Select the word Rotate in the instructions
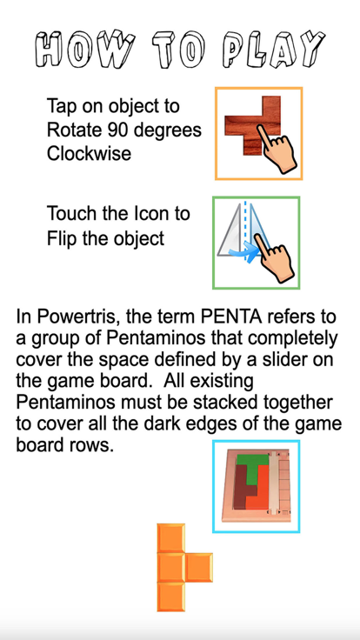[x=77, y=130]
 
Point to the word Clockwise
[x=89, y=153]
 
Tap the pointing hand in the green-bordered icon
[x=277, y=260]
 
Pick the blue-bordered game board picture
[x=256, y=486]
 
